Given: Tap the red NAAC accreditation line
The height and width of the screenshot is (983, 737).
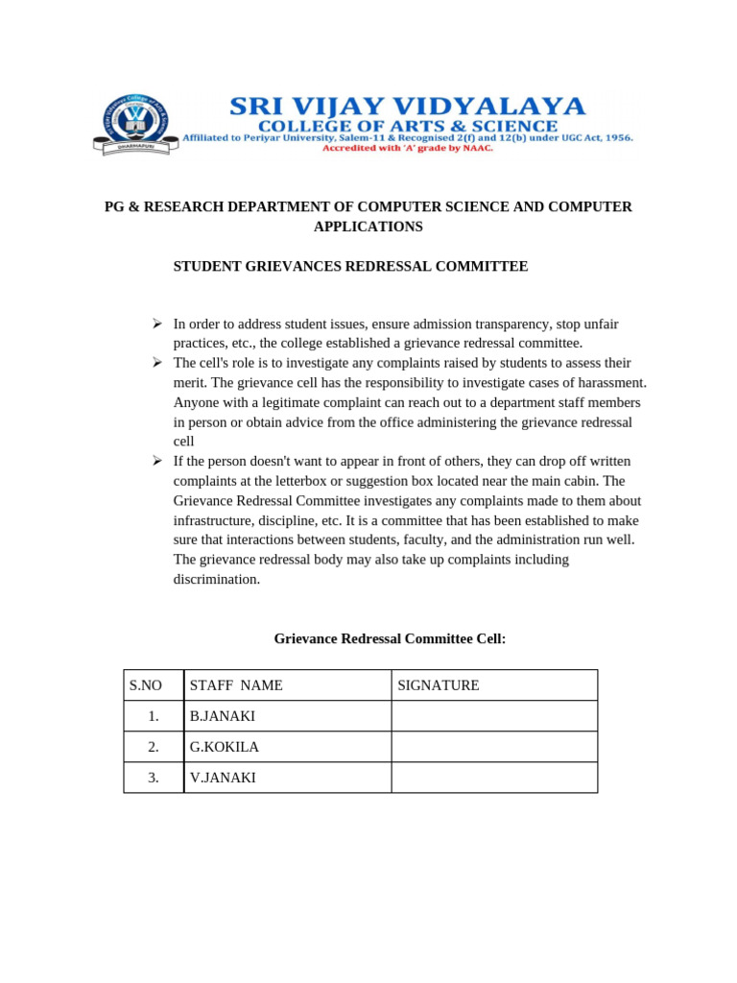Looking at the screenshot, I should coord(407,149).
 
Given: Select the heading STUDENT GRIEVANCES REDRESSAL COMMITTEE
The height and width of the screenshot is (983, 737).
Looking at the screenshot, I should coord(350,266).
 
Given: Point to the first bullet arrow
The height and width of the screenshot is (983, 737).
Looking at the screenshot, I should coord(158,324).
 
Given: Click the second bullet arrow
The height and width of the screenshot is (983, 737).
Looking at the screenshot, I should coord(158,363).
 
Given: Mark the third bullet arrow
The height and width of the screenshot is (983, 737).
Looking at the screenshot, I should coord(158,461).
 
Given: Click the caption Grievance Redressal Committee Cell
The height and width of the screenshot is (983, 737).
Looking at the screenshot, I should coord(390,638).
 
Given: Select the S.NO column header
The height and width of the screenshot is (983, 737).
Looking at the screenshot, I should coord(146,685).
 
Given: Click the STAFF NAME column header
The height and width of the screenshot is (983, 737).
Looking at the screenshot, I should coord(236,685).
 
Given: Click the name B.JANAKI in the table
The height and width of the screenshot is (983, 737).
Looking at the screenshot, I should coord(223,716).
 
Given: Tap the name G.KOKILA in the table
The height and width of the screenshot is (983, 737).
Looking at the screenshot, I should coord(225,747).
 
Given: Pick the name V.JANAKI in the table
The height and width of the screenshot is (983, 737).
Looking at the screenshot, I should coord(223,778).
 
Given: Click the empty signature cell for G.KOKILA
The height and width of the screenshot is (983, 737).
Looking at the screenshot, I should coord(494,747).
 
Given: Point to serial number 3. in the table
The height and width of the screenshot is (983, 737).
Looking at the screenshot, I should coord(154,778).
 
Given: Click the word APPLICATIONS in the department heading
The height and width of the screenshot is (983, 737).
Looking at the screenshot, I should coord(368,227).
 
